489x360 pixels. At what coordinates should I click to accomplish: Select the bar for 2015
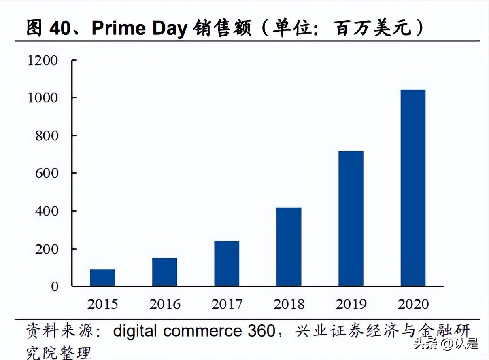pyautogui.click(x=102, y=277)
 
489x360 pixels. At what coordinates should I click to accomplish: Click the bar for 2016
pyautogui.click(x=165, y=272)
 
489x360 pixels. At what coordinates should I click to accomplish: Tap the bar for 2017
pyautogui.click(x=227, y=263)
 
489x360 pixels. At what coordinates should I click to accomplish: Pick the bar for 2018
pyautogui.click(x=289, y=247)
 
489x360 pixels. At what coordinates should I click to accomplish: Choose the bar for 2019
pyautogui.click(x=351, y=218)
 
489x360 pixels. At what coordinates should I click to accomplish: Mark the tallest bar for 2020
pyautogui.click(x=413, y=188)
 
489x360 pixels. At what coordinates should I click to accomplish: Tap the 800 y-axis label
pyautogui.click(x=47, y=136)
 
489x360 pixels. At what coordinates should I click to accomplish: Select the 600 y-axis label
pyautogui.click(x=47, y=173)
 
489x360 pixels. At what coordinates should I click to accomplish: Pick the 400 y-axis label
pyautogui.click(x=47, y=211)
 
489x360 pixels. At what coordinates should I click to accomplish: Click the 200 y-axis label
pyautogui.click(x=47, y=249)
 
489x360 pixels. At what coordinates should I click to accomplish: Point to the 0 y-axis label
pyautogui.click(x=55, y=286)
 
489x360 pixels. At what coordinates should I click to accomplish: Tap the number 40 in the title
pyautogui.click(x=61, y=28)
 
